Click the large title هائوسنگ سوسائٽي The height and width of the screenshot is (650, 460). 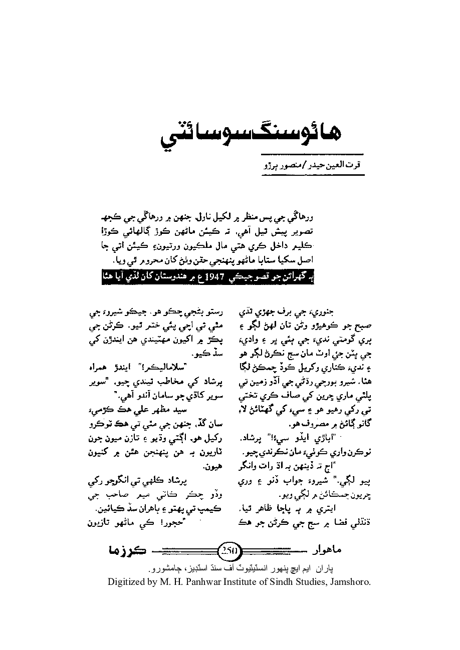click(x=258, y=133)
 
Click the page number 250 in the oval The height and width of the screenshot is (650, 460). click(x=230, y=550)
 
